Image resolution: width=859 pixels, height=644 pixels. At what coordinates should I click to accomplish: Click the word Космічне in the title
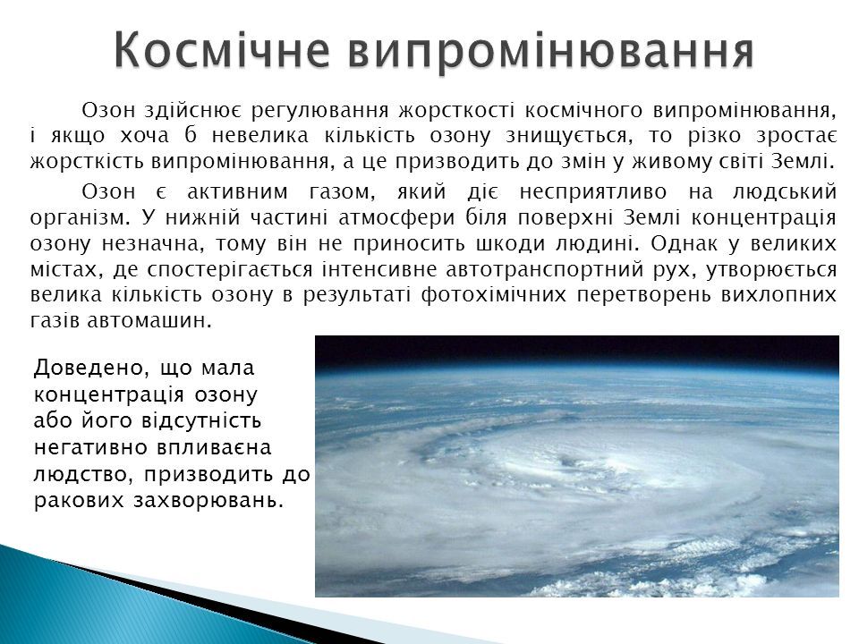pyautogui.click(x=222, y=51)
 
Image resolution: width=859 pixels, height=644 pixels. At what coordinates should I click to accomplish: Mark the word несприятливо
pyautogui.click(x=592, y=192)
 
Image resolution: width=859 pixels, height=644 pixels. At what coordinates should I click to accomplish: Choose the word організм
pyautogui.click(x=80, y=218)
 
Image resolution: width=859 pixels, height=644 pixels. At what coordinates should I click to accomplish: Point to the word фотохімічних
pyautogui.click(x=493, y=295)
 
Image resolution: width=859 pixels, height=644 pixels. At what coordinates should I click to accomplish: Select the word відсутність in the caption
pyautogui.click(x=201, y=421)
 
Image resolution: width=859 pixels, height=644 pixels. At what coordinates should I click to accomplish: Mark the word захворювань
pyautogui.click(x=208, y=501)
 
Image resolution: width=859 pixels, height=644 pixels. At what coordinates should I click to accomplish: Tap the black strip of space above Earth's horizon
pyautogui.click(x=577, y=350)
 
